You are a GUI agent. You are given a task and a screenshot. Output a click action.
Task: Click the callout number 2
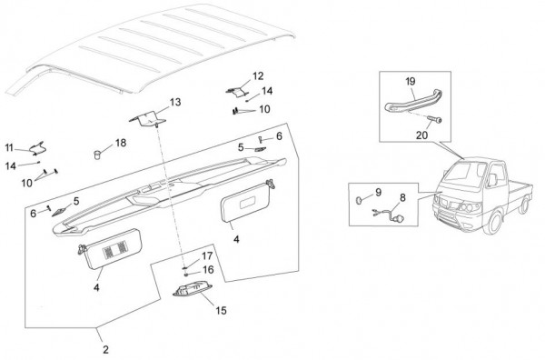pyautogui.click(x=105, y=349)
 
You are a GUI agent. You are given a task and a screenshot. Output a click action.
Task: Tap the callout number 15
pyautogui.click(x=221, y=310)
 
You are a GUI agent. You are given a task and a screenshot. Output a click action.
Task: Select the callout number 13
pyautogui.click(x=175, y=102)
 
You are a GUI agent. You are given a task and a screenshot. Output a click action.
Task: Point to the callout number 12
pyautogui.click(x=258, y=75)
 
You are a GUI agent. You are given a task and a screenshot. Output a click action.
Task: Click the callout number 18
pyautogui.click(x=121, y=143)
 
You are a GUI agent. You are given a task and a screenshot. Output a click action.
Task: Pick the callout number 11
pyautogui.click(x=9, y=148)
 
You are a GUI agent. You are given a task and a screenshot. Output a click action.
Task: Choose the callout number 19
pyautogui.click(x=411, y=82)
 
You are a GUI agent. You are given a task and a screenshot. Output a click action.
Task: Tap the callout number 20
pyautogui.click(x=421, y=135)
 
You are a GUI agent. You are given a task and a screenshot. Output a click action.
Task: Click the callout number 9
pyautogui.click(x=379, y=193)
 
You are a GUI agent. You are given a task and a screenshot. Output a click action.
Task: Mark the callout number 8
pyautogui.click(x=402, y=197)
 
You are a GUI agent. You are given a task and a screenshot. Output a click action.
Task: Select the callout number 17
pyautogui.click(x=207, y=256)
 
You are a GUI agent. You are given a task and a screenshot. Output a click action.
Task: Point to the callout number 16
pyautogui.click(x=208, y=270)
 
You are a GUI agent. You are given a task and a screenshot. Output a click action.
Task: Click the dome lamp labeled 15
pyautogui.click(x=193, y=290)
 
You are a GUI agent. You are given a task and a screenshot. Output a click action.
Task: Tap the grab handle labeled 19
pyautogui.click(x=413, y=102)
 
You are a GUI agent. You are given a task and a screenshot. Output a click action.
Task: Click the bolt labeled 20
pyautogui.click(x=434, y=120)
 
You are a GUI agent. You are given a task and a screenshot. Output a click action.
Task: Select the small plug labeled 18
pyautogui.click(x=97, y=154)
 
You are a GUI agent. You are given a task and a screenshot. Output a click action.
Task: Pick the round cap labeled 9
pyautogui.click(x=359, y=200)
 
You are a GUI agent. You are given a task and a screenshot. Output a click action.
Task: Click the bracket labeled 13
pyautogui.click(x=148, y=118)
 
